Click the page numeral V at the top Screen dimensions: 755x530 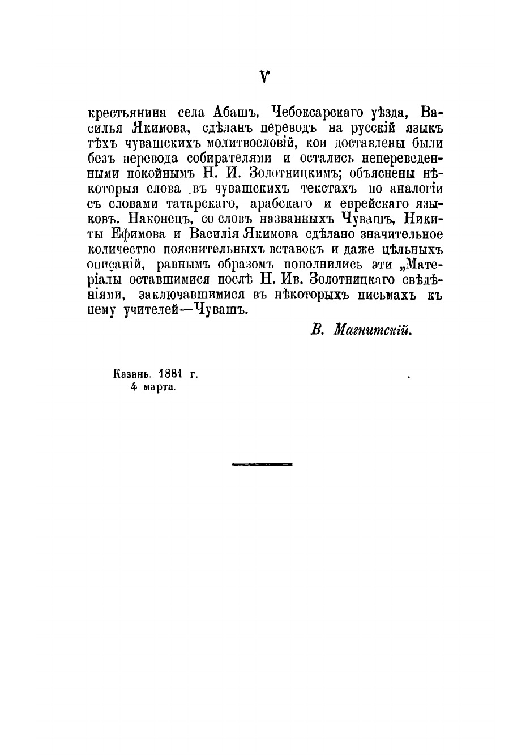coord(264,76)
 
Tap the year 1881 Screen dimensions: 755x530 coord(173,374)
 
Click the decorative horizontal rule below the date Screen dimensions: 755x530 coord(262,464)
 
